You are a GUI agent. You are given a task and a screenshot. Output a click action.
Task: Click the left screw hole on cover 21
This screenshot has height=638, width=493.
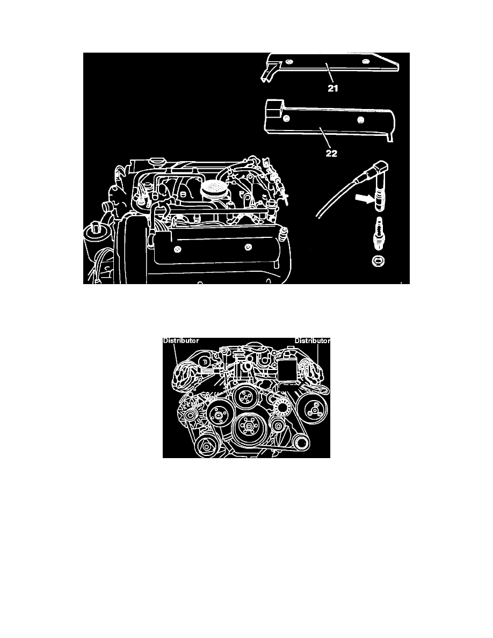coord(290,63)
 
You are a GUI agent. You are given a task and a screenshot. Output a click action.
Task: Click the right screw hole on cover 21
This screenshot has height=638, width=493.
coord(365,63)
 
